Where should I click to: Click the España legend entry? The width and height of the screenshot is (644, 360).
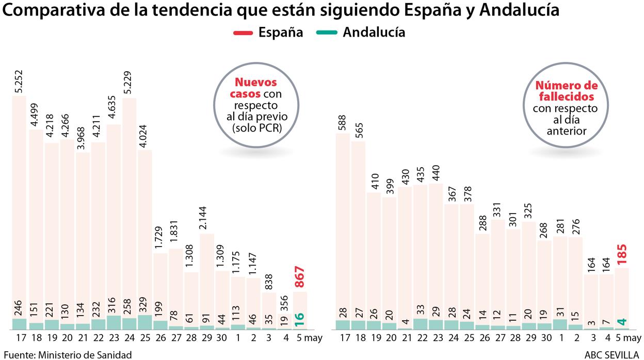(268, 32)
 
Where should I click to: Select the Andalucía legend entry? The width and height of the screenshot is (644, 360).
(363, 32)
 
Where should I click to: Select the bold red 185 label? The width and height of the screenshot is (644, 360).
(622, 255)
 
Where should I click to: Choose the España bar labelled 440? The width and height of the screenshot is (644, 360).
(436, 248)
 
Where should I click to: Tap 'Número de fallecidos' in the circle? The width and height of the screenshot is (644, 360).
(566, 91)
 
